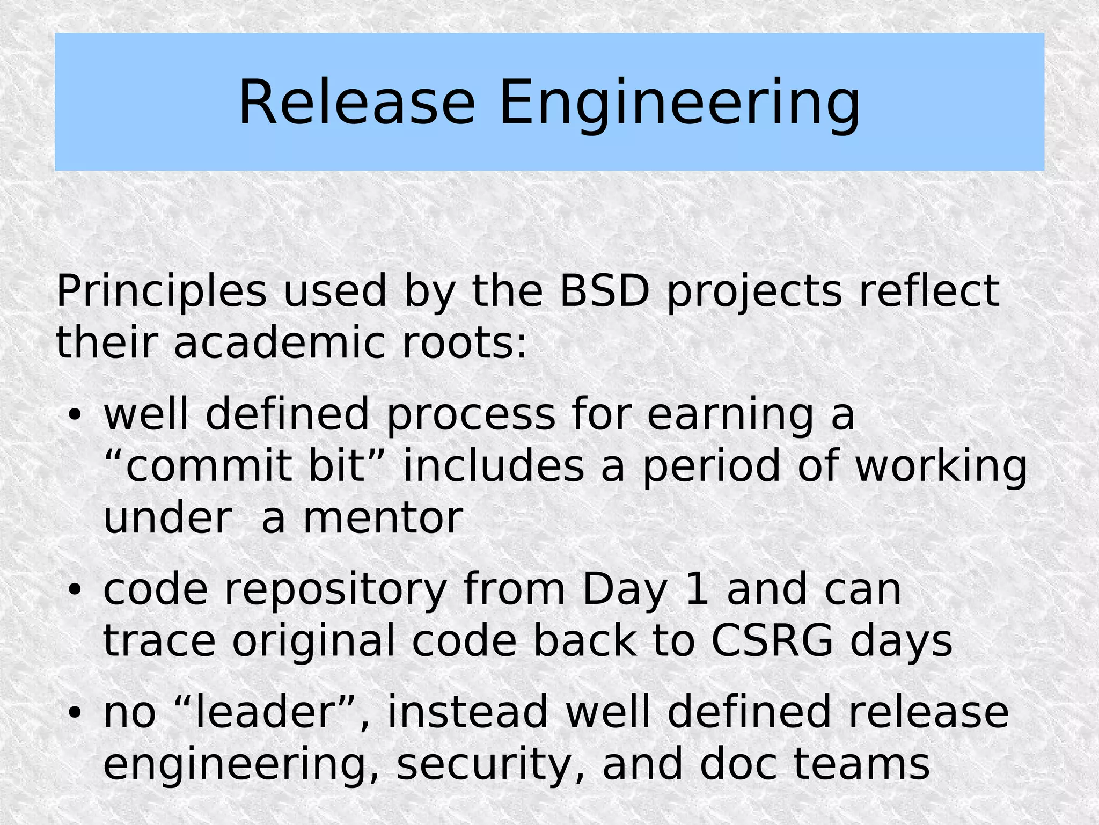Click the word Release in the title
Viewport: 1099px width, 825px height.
356,103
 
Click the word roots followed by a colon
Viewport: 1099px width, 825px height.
465,343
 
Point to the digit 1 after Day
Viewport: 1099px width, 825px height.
697,589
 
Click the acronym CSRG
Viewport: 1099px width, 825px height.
772,641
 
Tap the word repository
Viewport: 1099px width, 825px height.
335,589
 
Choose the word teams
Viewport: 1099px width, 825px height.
861,764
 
